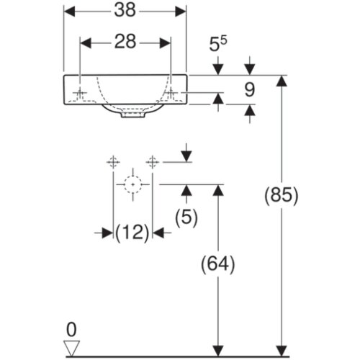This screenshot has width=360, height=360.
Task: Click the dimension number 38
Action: [x=125, y=11]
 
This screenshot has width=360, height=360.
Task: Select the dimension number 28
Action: [x=125, y=42]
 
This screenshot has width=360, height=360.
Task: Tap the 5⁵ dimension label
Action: [x=218, y=44]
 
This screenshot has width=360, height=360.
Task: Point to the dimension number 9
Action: [x=250, y=90]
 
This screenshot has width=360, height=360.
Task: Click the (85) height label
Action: [x=282, y=195]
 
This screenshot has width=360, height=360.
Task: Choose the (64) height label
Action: [x=218, y=264]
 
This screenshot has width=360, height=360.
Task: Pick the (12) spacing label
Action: [x=132, y=233]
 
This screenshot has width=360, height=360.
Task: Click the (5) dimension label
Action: [x=186, y=217]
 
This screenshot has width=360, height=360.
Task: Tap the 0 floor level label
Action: [x=71, y=330]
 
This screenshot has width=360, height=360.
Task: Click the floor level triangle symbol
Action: [x=71, y=348]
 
